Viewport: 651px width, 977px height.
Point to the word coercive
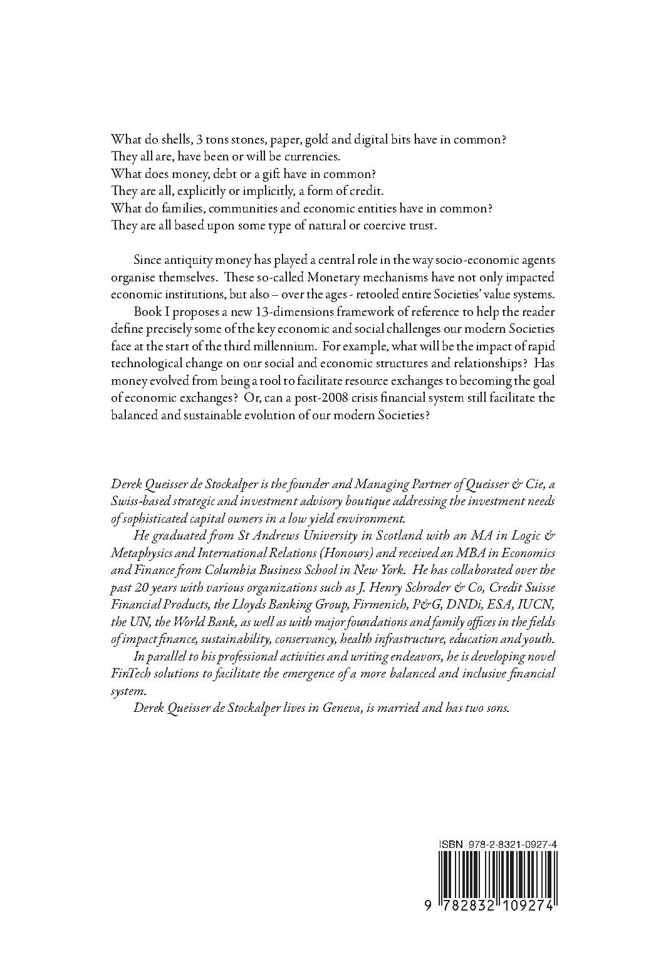point(378,226)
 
